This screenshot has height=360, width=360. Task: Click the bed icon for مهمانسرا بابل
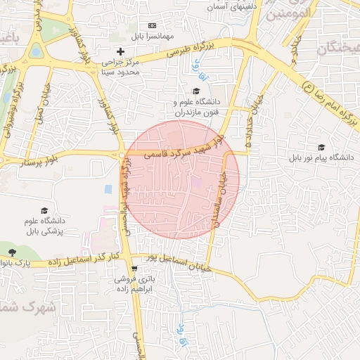click(x=152, y=26)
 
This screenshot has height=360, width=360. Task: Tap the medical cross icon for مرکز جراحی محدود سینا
click(x=120, y=51)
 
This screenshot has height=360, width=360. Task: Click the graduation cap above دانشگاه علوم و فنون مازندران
click(x=197, y=91)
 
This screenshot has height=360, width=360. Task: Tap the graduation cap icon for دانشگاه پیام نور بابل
click(x=322, y=147)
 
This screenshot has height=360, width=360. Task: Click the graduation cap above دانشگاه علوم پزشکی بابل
click(x=45, y=211)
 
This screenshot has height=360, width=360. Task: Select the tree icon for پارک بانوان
click(x=12, y=252)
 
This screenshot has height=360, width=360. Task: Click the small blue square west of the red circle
click(x=108, y=189)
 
